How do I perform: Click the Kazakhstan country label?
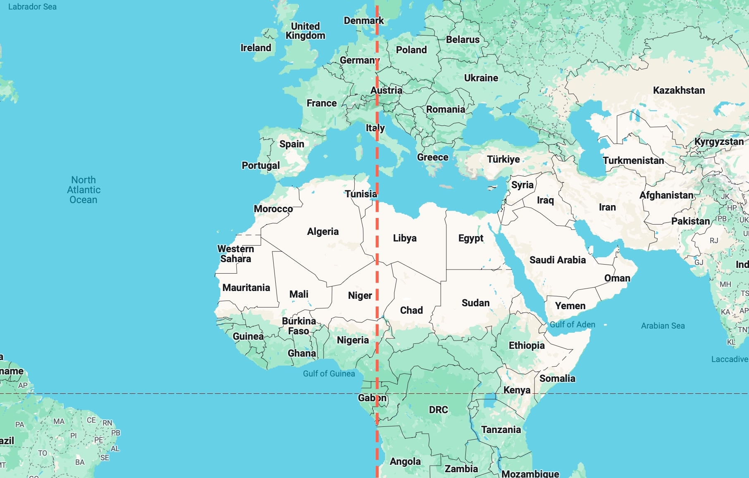(x=679, y=90)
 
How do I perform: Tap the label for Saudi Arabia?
(x=557, y=260)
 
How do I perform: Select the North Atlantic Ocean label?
(x=83, y=190)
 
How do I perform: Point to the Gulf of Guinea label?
(x=329, y=374)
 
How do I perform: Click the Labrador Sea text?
(x=32, y=7)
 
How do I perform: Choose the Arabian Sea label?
(x=663, y=326)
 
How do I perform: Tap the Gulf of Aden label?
(x=572, y=324)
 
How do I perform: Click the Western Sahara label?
(x=236, y=254)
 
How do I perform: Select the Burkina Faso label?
(x=299, y=326)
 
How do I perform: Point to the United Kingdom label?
(x=305, y=31)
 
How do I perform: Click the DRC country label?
(x=438, y=410)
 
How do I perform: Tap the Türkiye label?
(x=503, y=159)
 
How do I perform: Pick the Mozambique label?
(x=530, y=473)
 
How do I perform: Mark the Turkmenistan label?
(x=633, y=161)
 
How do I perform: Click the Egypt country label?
(x=470, y=238)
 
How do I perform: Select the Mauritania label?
(x=246, y=288)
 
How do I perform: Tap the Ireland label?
(x=256, y=48)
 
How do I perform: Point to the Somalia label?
(x=557, y=379)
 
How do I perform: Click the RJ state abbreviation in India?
(x=714, y=241)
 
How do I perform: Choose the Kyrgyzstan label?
(x=719, y=142)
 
